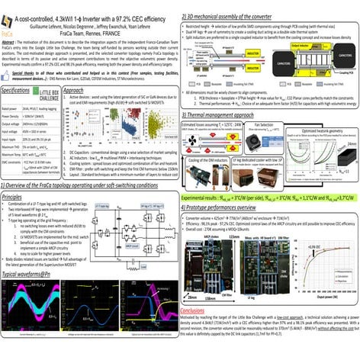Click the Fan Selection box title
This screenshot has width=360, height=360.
tap(264, 122)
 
